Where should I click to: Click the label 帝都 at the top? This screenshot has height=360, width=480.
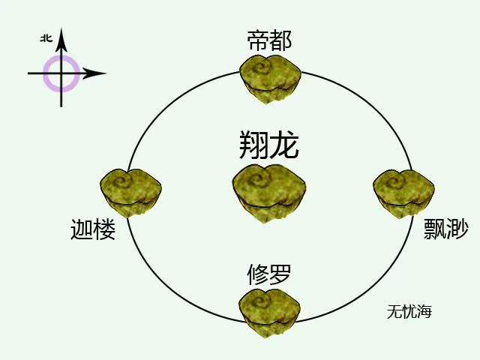(x=269, y=40)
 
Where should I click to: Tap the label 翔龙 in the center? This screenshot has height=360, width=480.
(x=269, y=145)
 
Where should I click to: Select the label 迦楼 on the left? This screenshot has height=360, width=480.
(x=94, y=229)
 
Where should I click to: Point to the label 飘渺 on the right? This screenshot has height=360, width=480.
(x=446, y=229)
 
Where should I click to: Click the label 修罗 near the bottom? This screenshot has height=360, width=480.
(x=269, y=274)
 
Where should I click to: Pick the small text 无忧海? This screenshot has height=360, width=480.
(x=409, y=311)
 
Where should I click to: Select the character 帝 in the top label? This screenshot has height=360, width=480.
(x=258, y=40)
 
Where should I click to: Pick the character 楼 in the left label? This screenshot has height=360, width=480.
(x=105, y=229)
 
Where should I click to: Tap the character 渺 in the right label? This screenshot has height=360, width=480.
(x=457, y=229)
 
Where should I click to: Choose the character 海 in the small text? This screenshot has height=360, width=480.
(x=425, y=311)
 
